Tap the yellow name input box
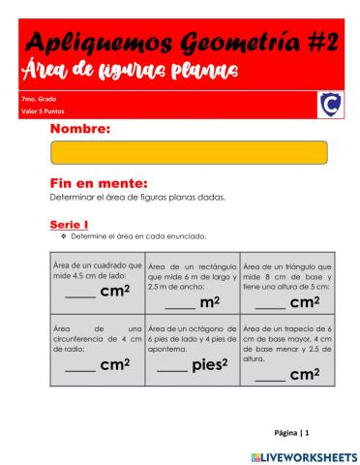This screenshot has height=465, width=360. tap(189, 153)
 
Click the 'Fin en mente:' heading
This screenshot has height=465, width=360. tap(98, 182)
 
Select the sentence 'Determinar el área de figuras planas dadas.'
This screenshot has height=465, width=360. tap(137, 197)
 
